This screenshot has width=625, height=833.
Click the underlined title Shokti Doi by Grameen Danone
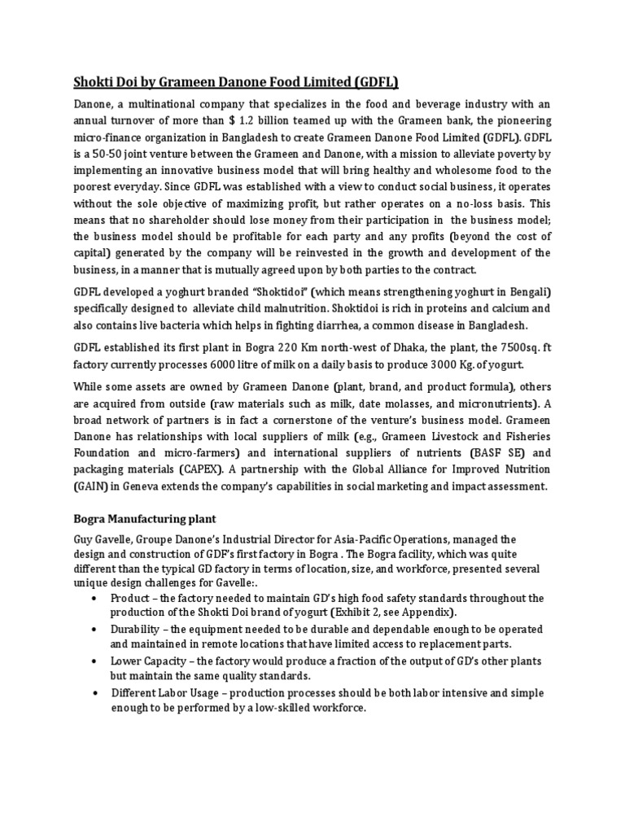pos(237,81)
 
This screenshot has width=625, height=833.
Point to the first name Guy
pos(83,539)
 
